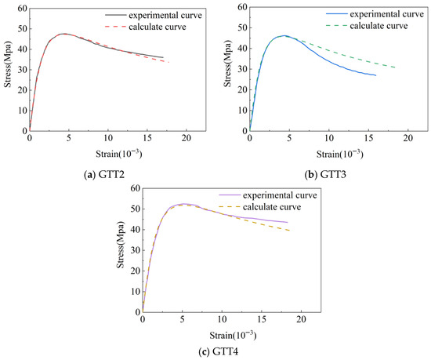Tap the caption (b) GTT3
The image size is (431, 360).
point(325,174)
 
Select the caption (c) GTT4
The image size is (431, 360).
point(219,351)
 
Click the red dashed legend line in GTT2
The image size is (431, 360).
point(115,27)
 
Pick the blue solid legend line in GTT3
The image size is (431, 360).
point(336,14)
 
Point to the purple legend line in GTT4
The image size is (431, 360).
point(230,195)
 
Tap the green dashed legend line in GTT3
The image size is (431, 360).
point(336,26)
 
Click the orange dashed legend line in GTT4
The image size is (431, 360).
point(230,207)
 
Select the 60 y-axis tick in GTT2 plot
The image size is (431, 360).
point(23,9)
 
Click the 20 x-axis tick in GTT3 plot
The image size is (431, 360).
point(408,138)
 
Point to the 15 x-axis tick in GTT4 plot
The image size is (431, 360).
point(262,319)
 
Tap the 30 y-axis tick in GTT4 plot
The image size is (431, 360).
point(136,250)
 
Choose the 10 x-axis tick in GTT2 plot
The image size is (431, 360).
point(108,138)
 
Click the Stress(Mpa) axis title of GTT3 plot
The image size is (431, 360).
point(227,65)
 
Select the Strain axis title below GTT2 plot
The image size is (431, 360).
point(119,154)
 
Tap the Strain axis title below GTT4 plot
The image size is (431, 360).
point(233,335)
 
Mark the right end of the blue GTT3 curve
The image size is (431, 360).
point(375,75)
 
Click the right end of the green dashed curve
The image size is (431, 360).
point(396,67)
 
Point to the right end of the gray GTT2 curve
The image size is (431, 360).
point(163,57)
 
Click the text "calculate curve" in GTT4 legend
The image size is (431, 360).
point(272,207)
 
